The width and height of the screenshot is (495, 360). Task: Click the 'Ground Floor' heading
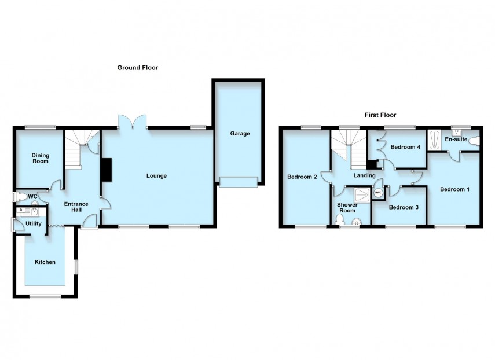point(137,68)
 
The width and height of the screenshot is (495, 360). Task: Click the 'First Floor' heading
point(380,115)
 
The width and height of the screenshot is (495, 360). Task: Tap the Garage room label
point(240,134)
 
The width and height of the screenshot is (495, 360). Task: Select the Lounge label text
point(156,176)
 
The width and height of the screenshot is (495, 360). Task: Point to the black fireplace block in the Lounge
point(107,170)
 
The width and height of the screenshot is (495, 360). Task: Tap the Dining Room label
point(40,159)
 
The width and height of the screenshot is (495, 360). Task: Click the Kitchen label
point(45,262)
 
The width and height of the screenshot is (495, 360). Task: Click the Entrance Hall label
point(75,207)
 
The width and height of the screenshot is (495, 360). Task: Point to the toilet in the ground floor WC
point(20,197)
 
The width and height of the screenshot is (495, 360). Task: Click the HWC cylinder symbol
point(378,193)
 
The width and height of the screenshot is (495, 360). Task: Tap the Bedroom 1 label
point(454,189)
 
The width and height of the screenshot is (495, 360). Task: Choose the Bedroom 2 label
point(302,177)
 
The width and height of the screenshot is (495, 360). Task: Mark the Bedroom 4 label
point(405,147)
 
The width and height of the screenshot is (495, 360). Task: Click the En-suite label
point(456,139)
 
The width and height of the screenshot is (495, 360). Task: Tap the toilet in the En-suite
point(475,141)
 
